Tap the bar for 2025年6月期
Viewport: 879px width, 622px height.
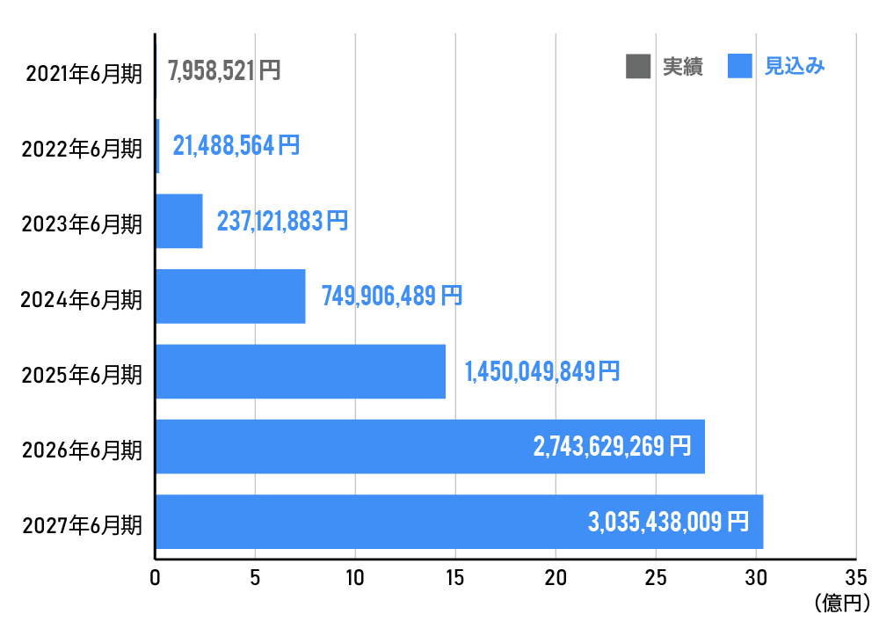(301, 371)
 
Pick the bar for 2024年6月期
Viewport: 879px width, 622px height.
(230, 296)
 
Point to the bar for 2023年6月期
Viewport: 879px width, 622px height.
(179, 221)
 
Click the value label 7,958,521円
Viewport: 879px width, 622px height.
(224, 70)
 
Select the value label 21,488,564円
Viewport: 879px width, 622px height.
(236, 145)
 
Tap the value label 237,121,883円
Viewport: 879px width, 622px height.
(282, 221)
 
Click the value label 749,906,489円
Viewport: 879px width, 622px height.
(392, 296)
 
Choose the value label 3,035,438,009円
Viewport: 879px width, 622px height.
(668, 522)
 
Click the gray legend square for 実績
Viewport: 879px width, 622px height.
(638, 66)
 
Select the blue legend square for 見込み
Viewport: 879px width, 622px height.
(740, 66)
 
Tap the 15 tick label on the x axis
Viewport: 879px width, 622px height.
(455, 578)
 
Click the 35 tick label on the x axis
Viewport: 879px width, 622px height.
(855, 578)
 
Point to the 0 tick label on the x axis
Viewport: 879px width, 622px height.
(156, 578)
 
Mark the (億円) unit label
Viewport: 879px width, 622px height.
(842, 603)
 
